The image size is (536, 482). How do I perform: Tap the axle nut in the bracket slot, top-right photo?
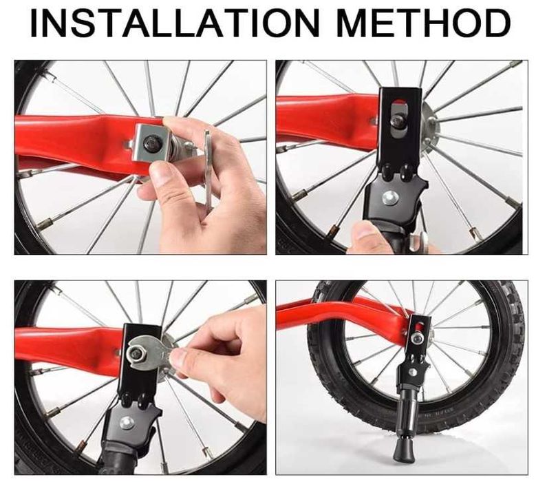point(398,120)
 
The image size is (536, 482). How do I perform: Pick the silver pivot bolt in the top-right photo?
point(390,199)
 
